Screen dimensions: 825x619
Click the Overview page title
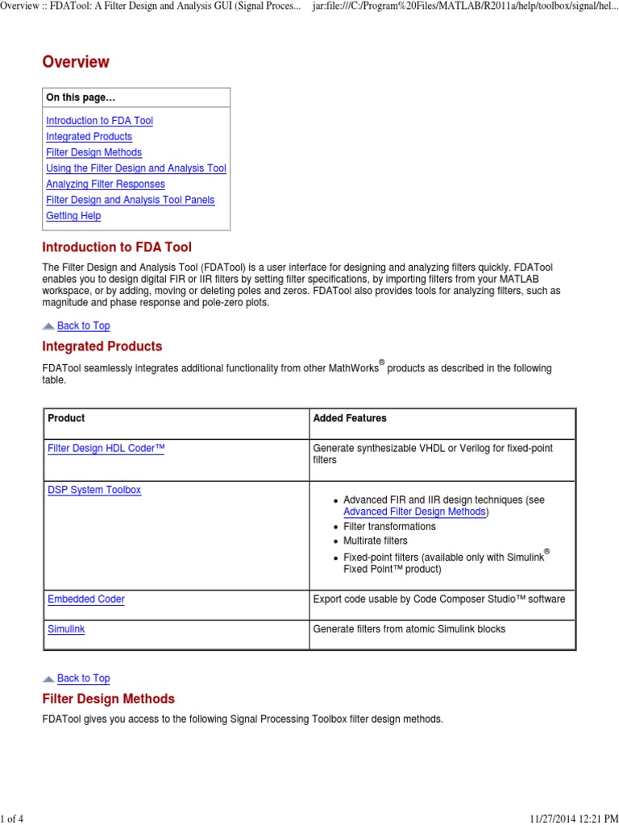click(75, 62)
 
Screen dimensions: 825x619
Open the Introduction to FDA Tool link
click(99, 121)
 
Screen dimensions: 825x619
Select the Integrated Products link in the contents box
click(89, 137)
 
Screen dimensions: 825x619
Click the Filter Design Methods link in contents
click(93, 152)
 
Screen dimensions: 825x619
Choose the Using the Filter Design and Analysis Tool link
click(135, 168)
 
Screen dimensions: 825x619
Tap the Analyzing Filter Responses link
click(105, 184)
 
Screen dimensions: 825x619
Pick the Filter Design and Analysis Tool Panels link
click(130, 200)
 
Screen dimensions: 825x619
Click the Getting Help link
click(73, 216)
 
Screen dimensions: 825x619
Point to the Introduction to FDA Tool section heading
click(116, 247)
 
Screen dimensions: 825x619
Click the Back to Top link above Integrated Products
click(83, 325)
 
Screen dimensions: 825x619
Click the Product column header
click(66, 418)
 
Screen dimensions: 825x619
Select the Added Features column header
click(349, 418)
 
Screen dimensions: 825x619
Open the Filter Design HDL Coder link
click(106, 448)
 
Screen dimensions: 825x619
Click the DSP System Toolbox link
click(93, 490)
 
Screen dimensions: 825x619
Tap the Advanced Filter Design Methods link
click(414, 512)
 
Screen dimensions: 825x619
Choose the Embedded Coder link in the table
click(85, 599)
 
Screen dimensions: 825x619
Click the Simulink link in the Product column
click(66, 628)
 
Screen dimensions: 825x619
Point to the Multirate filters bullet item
click(375, 541)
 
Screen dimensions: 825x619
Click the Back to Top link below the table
click(83, 678)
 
